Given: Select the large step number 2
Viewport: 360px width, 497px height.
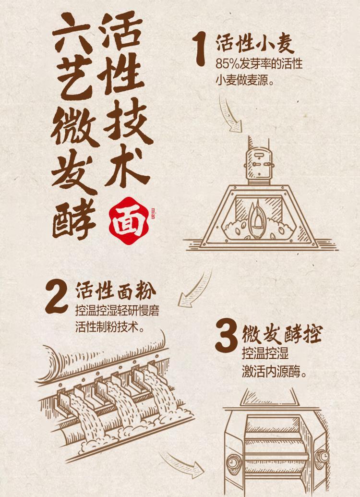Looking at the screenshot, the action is [57, 297].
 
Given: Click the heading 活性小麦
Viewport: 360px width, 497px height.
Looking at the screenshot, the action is [255, 44].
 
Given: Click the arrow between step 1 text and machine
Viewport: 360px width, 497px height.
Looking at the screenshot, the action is [229, 114].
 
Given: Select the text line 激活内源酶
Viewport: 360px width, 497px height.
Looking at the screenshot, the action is [275, 372].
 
